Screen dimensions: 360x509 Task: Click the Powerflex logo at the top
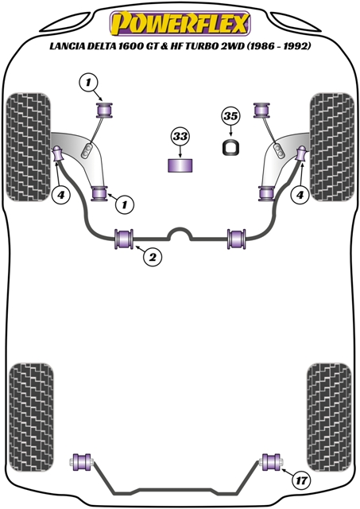pos(180,23)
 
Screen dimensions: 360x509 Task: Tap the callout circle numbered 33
pos(180,136)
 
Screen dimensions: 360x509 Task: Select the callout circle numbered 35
pos(230,116)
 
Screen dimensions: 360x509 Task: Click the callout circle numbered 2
pos(153,258)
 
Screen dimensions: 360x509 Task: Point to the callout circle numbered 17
pos(301,480)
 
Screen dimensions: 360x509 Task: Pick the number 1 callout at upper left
pos(88,83)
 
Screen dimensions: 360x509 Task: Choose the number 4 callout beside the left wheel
pos(61,195)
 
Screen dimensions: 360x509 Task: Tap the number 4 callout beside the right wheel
pos(300,195)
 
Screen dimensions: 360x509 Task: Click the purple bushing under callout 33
pos(180,165)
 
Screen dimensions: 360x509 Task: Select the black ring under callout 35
pos(231,147)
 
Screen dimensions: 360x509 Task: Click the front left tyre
pos(29,147)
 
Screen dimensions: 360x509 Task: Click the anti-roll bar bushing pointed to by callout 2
pos(124,239)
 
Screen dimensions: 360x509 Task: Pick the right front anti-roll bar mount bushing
pos(237,239)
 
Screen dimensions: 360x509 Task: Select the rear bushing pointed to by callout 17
pos(272,462)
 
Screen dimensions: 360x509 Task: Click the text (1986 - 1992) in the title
pos(279,46)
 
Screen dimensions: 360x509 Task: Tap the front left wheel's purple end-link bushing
pos(58,153)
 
